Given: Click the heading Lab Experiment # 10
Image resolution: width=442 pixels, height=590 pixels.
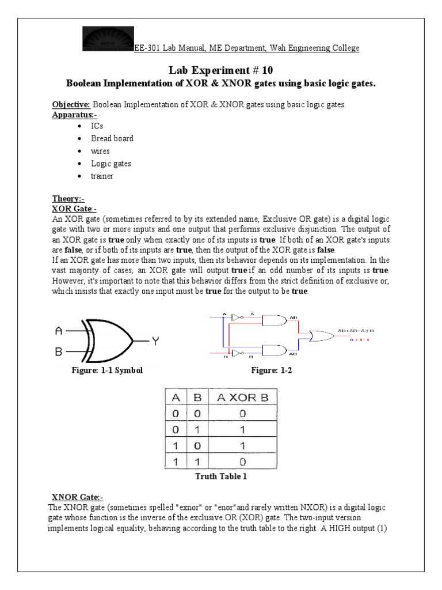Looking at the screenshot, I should tap(221, 70).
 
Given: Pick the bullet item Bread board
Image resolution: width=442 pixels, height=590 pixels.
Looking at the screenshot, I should tap(112, 138).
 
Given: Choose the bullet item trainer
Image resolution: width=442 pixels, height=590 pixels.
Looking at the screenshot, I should tap(102, 176).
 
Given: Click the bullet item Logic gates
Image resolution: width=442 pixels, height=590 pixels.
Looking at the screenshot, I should tap(110, 164).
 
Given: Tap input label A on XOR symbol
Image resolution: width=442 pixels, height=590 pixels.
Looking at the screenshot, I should tap(58, 331).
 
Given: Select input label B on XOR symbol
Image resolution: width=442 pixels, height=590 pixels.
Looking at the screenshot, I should tap(58, 351).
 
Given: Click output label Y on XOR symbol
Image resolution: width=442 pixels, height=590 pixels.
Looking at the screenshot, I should tap(155, 341).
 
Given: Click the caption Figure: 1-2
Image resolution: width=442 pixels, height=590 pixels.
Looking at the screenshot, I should tap(272, 370).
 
